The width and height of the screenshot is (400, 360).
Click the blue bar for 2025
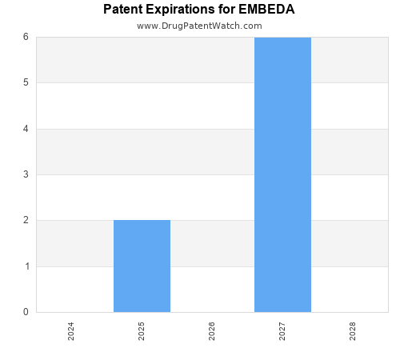[x=142, y=266]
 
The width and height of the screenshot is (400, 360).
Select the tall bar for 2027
[x=282, y=174]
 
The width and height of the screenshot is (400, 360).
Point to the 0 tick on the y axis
[x=26, y=312]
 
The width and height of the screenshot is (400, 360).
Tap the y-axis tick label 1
[x=26, y=266]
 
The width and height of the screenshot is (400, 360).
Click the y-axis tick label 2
[x=26, y=220]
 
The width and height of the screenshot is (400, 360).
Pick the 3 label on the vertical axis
[x=26, y=174]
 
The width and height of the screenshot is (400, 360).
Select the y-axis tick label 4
[x=26, y=129]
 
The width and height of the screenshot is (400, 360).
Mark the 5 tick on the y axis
[x=26, y=82]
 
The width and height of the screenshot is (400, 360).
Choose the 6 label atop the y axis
[x=26, y=37]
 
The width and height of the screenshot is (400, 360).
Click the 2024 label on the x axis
[x=71, y=331]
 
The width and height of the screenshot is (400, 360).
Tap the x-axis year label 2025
[x=142, y=331]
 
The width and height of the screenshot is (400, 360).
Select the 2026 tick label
[x=212, y=331]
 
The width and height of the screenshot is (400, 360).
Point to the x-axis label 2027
[x=282, y=331]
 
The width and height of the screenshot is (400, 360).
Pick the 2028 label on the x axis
[x=353, y=331]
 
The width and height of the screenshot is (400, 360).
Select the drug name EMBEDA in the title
[x=266, y=10]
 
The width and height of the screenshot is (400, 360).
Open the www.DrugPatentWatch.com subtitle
[x=199, y=26]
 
